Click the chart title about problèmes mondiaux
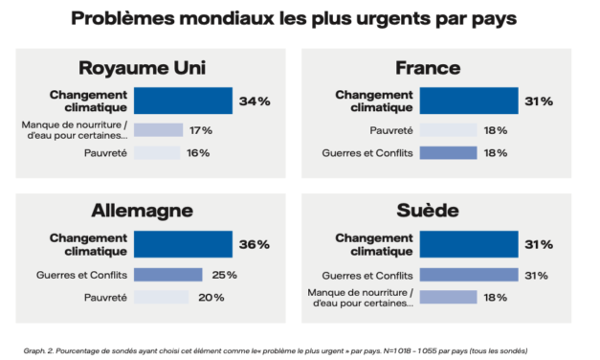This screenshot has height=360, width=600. [299, 19]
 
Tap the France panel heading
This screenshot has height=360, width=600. [428, 68]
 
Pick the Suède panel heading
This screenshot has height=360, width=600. [428, 211]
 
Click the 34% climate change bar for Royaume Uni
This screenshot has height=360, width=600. [183, 101]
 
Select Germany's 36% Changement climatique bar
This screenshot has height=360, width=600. [183, 244]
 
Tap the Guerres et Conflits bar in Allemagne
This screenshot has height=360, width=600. [167, 275]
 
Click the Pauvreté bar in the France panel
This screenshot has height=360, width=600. [448, 130]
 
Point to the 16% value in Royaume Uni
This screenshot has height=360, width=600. [199, 153]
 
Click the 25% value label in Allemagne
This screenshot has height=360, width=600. [223, 275]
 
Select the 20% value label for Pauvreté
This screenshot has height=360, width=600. [211, 298]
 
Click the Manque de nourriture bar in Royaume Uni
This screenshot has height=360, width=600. [158, 130]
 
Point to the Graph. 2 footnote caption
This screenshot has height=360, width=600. [276, 349]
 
